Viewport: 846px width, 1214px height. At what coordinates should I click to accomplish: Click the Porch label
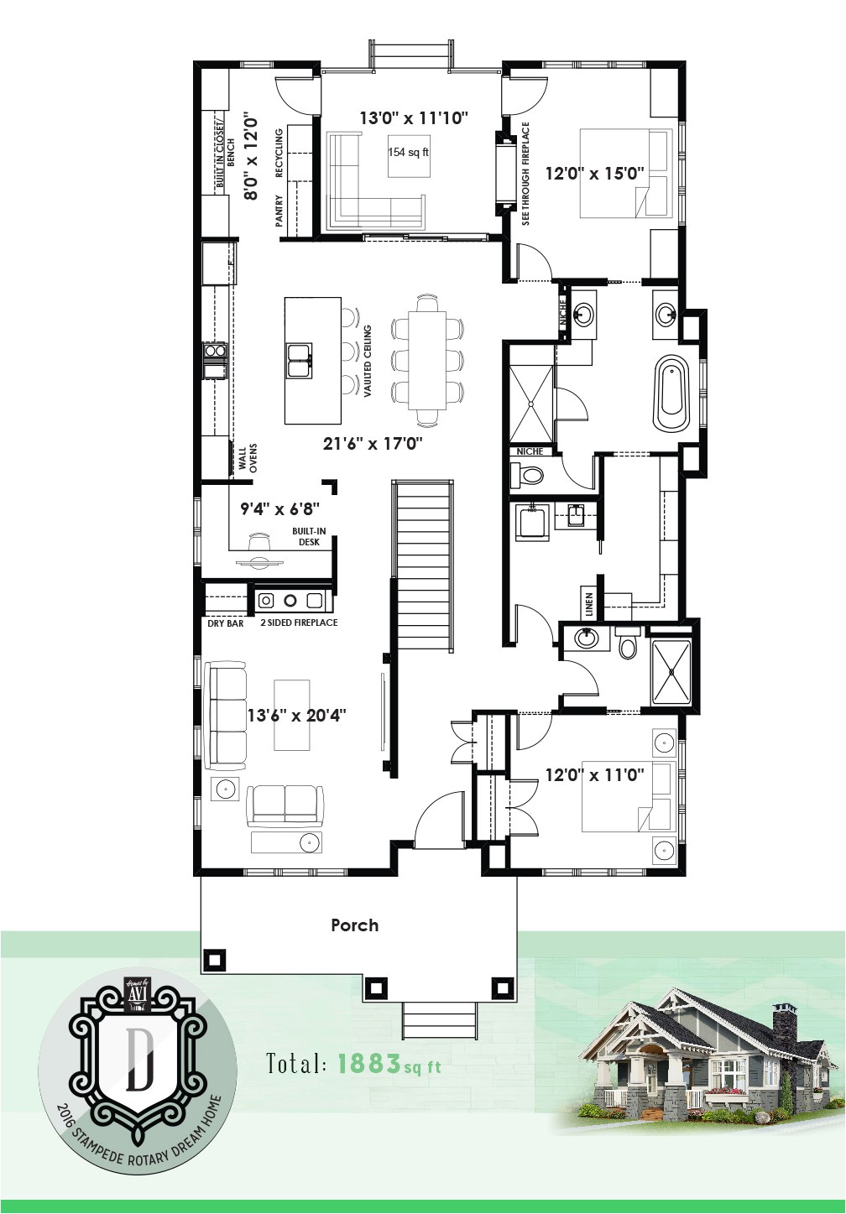354,925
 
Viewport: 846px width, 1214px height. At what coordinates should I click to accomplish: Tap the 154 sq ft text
408,153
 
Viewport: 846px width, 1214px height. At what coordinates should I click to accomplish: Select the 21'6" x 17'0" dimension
373,442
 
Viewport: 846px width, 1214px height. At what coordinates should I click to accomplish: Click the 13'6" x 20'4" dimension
296,715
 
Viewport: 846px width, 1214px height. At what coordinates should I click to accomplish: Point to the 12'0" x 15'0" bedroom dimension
594,174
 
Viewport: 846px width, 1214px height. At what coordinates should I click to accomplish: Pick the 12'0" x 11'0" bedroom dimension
594,775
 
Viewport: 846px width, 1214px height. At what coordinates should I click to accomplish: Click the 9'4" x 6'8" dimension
280,508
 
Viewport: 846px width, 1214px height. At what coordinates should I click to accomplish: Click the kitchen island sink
298,360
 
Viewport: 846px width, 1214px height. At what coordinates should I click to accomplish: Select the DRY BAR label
225,623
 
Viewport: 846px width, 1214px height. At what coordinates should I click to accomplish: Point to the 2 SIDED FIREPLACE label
299,623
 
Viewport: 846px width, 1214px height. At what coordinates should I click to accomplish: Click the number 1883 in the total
368,1064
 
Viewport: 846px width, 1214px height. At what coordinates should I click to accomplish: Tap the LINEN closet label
589,604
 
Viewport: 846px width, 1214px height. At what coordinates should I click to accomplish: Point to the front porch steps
439,1019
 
